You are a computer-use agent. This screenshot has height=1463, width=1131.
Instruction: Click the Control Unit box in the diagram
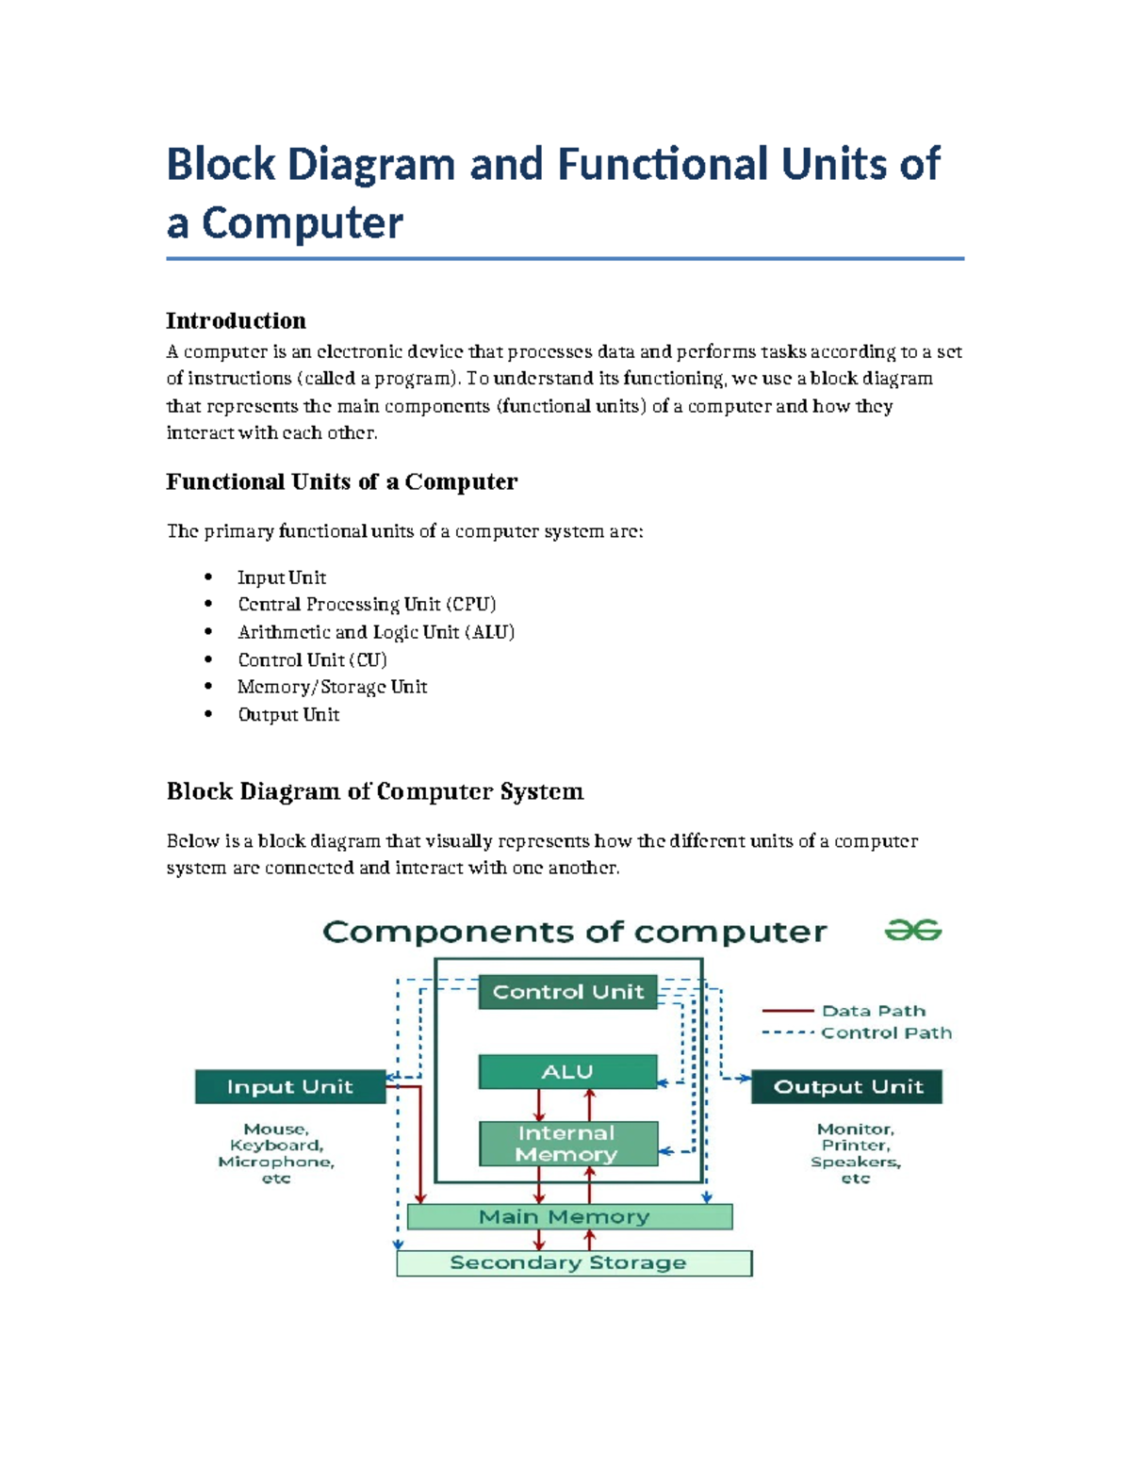[567, 992]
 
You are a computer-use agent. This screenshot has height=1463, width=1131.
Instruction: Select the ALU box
[567, 1072]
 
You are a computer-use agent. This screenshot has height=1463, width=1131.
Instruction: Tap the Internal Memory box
[567, 1144]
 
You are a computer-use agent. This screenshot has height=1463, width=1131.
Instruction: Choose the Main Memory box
[568, 1216]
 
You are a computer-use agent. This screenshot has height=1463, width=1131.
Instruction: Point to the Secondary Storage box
[573, 1262]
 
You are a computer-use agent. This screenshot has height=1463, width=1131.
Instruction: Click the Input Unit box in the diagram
[289, 1086]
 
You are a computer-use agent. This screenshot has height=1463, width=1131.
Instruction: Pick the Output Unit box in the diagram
[847, 1086]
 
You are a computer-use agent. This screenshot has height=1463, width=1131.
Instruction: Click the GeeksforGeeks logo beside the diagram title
[912, 931]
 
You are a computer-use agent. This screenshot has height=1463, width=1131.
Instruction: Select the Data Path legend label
[873, 1011]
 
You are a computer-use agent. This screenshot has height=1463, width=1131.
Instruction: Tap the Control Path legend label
[886, 1032]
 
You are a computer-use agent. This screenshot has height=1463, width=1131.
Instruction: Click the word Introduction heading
[236, 320]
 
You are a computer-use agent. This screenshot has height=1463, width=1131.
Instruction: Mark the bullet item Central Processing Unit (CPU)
[367, 604]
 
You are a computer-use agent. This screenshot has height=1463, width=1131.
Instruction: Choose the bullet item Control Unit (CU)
[312, 659]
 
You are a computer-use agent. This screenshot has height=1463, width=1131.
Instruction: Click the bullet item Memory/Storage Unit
[332, 687]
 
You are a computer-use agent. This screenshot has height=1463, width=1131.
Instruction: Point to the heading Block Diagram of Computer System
[374, 790]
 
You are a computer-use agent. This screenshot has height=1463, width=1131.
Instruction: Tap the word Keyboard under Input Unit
[276, 1146]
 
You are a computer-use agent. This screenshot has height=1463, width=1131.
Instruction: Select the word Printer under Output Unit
[855, 1146]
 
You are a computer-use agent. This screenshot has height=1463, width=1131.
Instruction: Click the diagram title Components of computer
[574, 932]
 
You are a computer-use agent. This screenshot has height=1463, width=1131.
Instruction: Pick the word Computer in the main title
[302, 223]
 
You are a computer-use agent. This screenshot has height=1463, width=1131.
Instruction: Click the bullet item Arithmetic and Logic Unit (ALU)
[376, 631]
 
